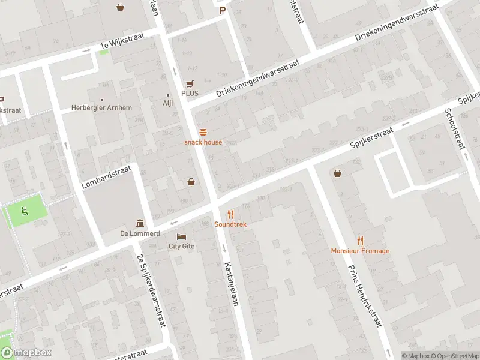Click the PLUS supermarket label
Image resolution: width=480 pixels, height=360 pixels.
coord(190,94)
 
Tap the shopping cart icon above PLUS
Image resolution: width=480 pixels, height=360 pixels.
coord(190,84)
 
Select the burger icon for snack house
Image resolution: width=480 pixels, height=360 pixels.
coord(203,133)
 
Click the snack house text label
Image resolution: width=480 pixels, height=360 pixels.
coord(203,142)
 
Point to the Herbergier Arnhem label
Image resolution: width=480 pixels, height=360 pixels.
coord(103,108)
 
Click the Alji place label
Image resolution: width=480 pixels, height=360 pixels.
coord(168,103)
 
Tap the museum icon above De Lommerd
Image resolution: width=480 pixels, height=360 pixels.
coord(140,223)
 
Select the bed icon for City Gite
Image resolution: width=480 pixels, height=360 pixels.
coord(181,237)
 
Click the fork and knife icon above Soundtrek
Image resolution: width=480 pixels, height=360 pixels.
coord(230,214)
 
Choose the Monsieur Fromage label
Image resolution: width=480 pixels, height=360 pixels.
coord(360,250)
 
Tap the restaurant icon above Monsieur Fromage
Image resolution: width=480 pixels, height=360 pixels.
coord(360,240)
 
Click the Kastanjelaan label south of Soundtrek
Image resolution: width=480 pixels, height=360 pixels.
coord(232,284)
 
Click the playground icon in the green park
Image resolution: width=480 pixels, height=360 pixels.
coord(24,211)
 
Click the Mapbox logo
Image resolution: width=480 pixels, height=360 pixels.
coord(26,353)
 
